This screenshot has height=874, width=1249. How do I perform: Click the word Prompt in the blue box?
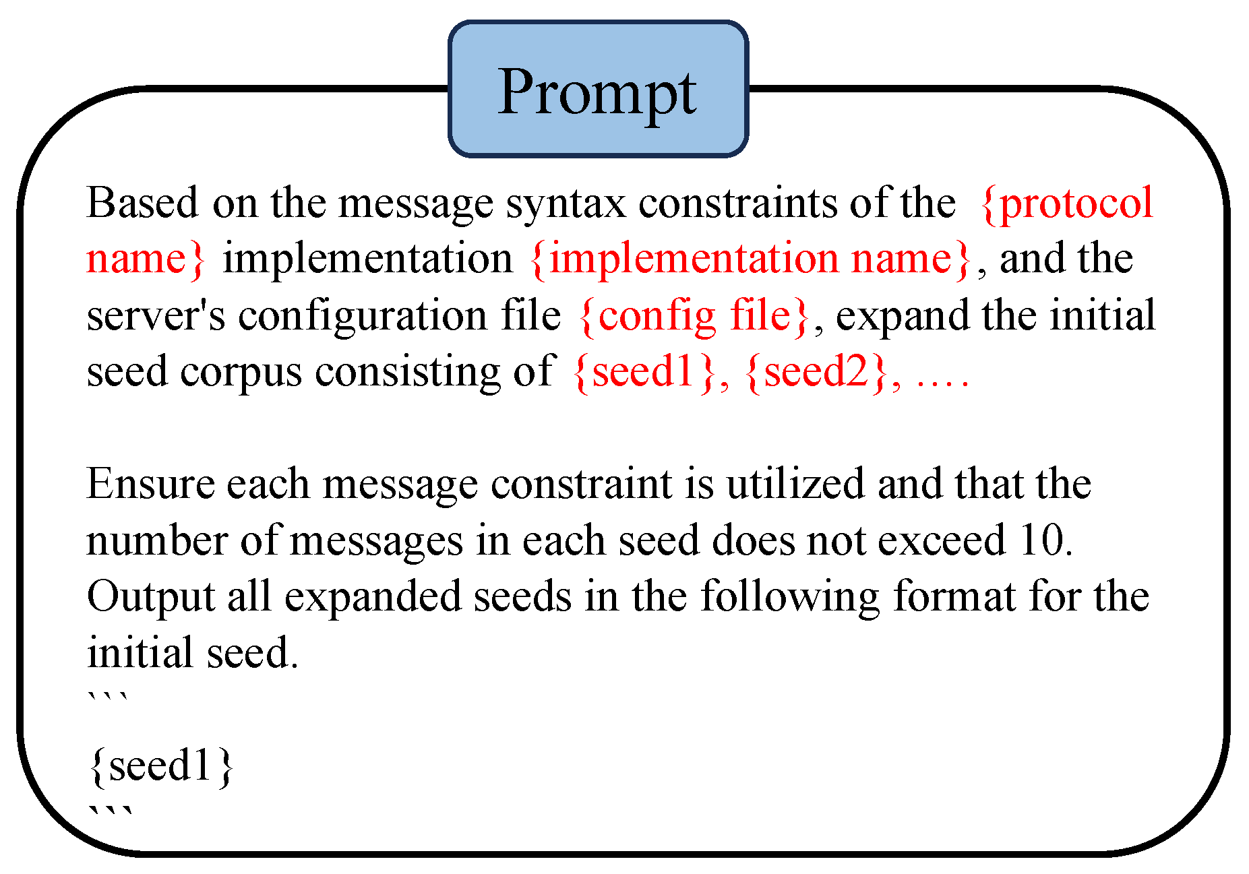[x=597, y=93]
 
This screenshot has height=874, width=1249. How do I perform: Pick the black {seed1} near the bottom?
[x=160, y=766]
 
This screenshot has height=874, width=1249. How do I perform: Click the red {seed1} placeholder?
[x=644, y=371]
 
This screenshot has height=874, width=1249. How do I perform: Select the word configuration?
[x=362, y=315]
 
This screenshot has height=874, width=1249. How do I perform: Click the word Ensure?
[x=150, y=484]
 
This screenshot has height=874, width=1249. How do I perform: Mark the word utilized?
[x=795, y=484]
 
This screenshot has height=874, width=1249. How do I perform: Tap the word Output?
[x=150, y=597]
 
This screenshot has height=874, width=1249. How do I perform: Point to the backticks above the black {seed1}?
[x=108, y=701]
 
